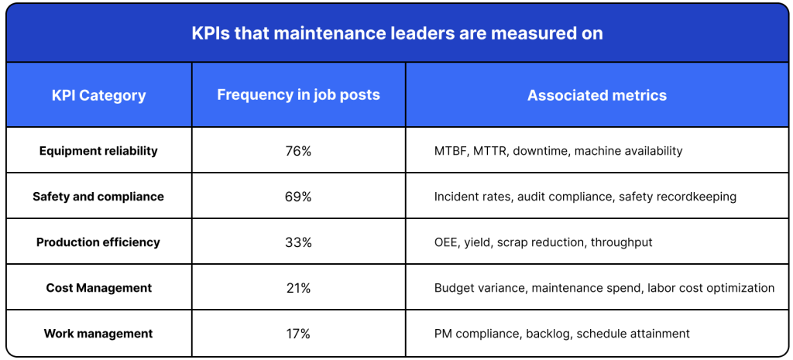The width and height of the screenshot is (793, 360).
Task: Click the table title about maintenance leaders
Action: click(396, 33)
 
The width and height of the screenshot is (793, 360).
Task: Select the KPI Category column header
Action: click(98, 96)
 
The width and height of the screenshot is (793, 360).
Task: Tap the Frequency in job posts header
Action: click(298, 95)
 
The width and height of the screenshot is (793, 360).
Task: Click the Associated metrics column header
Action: click(596, 96)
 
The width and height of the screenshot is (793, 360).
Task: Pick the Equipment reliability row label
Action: click(98, 151)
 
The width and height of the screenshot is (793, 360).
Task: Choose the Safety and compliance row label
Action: click(98, 197)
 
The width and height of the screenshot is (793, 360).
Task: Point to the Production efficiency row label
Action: click(98, 242)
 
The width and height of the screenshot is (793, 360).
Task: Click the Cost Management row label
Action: click(98, 288)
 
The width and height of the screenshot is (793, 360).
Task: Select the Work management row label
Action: click(98, 334)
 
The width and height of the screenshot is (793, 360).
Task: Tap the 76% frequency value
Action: click(298, 151)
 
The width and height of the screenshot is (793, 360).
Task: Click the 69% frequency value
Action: click(298, 197)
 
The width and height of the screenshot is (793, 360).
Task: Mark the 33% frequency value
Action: click(298, 242)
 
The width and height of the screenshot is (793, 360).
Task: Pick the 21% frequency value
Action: click(298, 288)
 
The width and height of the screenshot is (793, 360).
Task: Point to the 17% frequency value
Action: click(298, 334)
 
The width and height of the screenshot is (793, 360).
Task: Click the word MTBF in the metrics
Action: click(450, 151)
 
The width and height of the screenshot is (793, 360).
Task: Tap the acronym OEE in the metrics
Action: click(446, 242)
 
